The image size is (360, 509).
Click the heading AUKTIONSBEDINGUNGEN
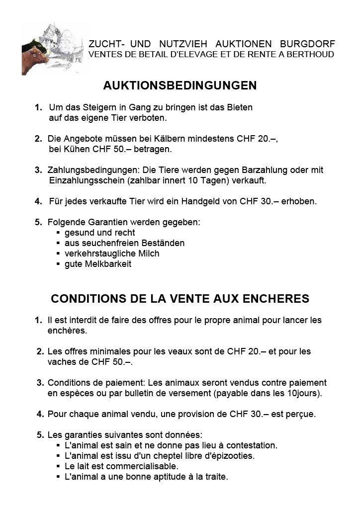[x=180, y=86]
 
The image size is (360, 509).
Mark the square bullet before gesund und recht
[x=59, y=233]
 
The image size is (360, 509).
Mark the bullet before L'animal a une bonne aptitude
[x=59, y=477]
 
